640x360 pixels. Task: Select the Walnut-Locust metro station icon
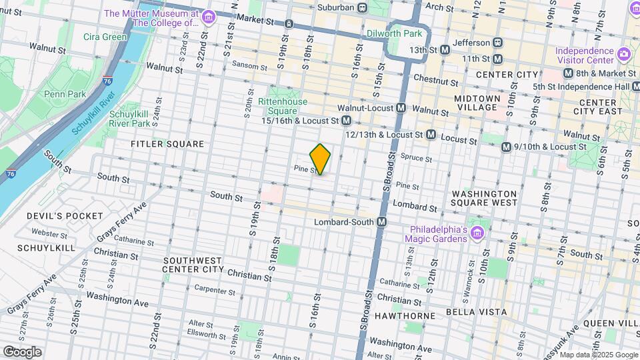click(401, 107)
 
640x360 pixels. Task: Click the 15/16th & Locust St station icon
click(346, 121)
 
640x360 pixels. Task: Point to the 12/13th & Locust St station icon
click(431, 135)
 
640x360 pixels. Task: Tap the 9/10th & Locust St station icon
click(506, 147)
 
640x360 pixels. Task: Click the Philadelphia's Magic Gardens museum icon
click(477, 233)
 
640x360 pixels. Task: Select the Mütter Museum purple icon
click(209, 17)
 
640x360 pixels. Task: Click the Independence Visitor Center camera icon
click(623, 53)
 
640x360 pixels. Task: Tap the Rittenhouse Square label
click(287, 106)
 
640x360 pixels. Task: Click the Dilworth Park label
click(395, 33)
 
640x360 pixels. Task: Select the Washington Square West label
click(484, 197)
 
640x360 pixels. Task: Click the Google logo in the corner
click(22, 351)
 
